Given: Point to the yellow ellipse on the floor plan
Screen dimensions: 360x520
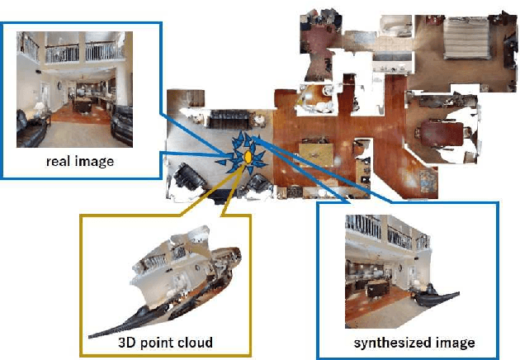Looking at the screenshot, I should pos(248,156).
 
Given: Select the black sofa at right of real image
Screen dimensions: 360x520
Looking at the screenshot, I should pos(123,121).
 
